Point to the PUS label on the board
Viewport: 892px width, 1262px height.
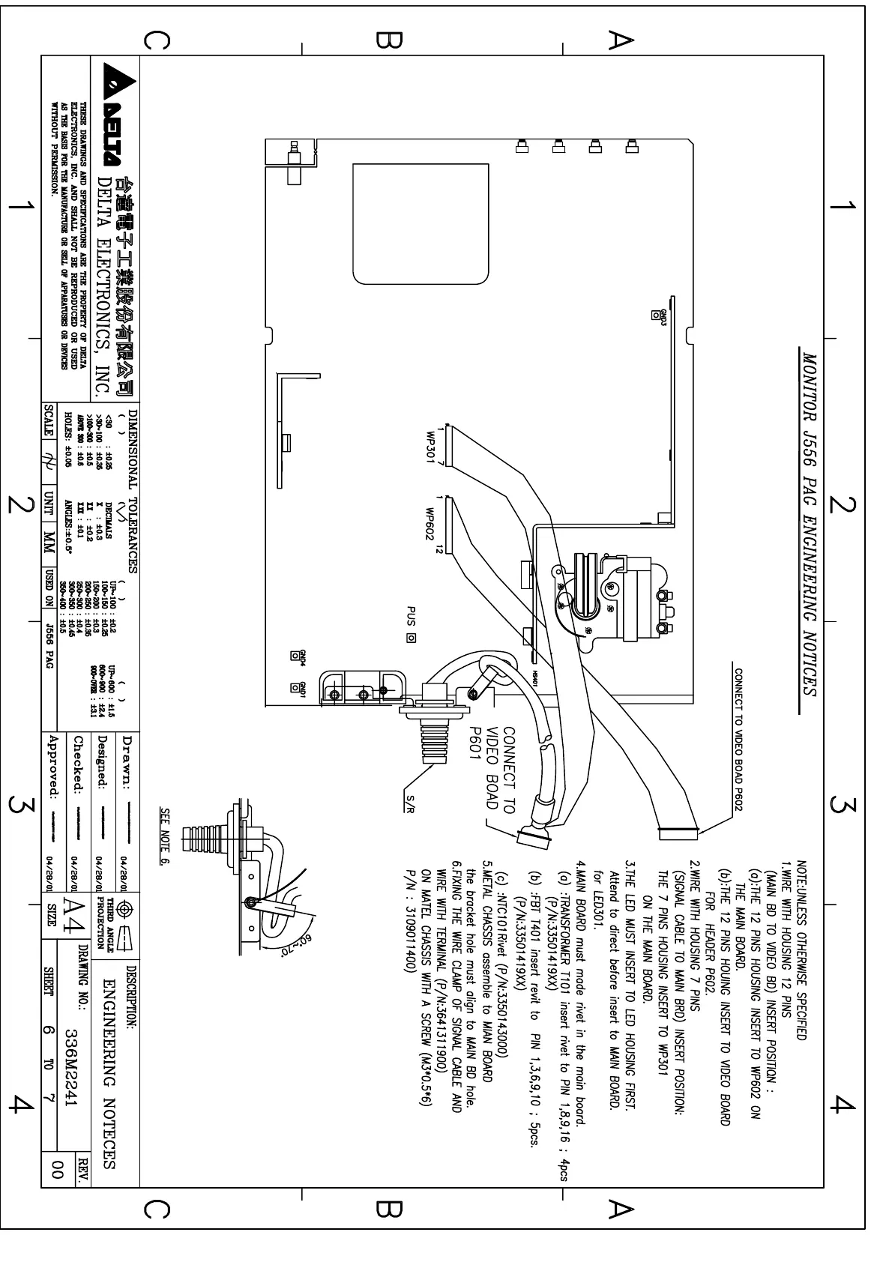tap(411, 619)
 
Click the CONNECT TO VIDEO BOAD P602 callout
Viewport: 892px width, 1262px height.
tap(738, 730)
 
